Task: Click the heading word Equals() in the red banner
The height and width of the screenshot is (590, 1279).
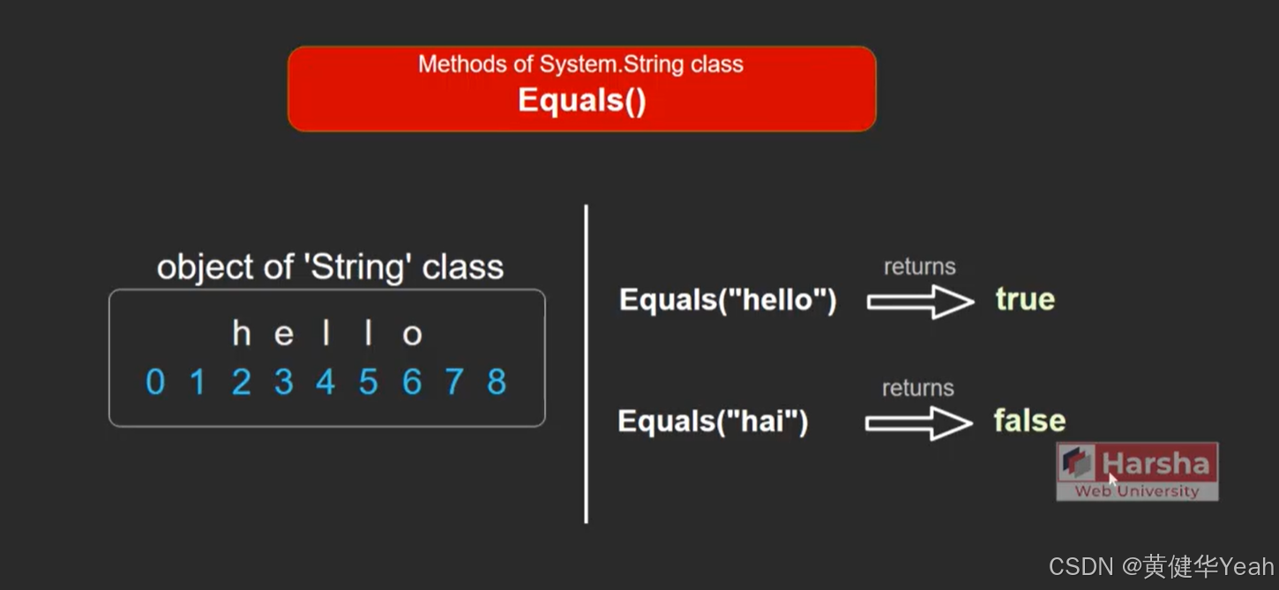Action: [581, 101]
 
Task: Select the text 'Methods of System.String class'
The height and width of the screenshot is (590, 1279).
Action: [580, 64]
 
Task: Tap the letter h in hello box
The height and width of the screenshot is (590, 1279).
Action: [241, 334]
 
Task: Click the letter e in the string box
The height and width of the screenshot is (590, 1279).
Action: [283, 335]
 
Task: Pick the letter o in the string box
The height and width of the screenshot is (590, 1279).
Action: [412, 335]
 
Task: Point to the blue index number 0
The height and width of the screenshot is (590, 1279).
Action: [154, 382]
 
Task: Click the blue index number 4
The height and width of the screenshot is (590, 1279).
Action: [325, 382]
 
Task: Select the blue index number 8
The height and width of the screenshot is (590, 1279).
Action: [497, 382]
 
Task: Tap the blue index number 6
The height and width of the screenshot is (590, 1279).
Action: [411, 382]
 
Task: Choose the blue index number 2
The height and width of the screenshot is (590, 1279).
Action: [241, 382]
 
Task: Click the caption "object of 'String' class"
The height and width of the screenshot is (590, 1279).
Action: [330, 267]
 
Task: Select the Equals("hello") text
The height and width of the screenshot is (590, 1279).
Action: [728, 300]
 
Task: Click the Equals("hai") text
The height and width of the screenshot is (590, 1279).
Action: [713, 422]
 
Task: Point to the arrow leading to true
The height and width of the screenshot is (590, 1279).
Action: [919, 302]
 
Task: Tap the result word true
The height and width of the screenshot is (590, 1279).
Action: [1025, 299]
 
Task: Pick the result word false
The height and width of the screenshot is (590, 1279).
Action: [1029, 421]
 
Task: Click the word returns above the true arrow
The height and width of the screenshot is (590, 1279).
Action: [919, 267]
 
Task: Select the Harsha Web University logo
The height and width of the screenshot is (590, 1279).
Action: [1137, 472]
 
